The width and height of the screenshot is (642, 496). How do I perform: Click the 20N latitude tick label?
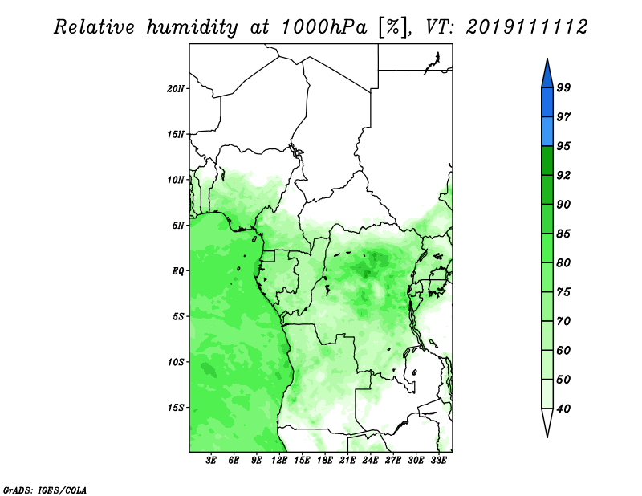pyautogui.click(x=176, y=89)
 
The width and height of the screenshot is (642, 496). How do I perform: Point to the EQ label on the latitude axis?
pyautogui.click(x=178, y=271)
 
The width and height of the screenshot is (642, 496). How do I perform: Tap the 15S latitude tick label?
pyautogui.click(x=176, y=408)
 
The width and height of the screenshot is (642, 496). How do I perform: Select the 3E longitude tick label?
pyautogui.click(x=211, y=461)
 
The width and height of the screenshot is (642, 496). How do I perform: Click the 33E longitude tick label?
pyautogui.click(x=438, y=461)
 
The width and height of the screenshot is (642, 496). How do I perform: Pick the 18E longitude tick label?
pyautogui.click(x=325, y=461)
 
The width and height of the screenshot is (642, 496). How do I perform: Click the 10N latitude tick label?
pyautogui.click(x=176, y=180)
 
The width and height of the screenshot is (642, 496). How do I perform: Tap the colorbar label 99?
pyautogui.click(x=563, y=87)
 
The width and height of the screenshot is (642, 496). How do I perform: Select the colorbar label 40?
pyautogui.click(x=563, y=409)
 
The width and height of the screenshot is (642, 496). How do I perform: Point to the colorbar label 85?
pyautogui.click(x=563, y=234)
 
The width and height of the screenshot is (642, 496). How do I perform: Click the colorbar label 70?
pyautogui.click(x=563, y=321)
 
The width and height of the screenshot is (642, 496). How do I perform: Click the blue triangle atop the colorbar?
pyautogui.click(x=547, y=75)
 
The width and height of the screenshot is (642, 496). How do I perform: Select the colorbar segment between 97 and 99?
pyautogui.click(x=547, y=103)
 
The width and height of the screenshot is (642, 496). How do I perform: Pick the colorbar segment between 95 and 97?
pyautogui.click(x=547, y=132)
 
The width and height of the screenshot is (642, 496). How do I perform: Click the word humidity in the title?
pyautogui.click(x=192, y=27)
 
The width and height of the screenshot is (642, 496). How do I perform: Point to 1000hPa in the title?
pyautogui.click(x=324, y=27)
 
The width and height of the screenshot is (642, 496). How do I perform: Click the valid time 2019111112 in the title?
pyautogui.click(x=527, y=27)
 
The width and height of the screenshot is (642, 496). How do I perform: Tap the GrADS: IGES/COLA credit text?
pyautogui.click(x=45, y=490)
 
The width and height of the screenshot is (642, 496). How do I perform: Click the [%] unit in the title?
pyautogui.click(x=394, y=27)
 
